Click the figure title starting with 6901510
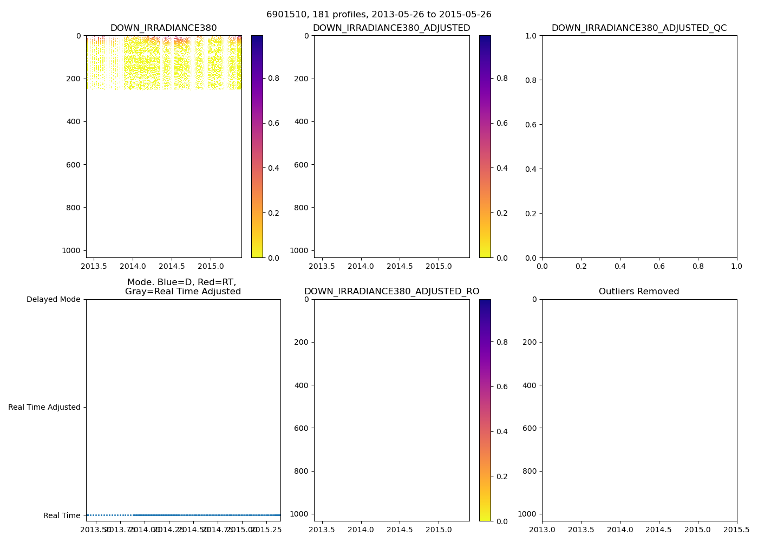point(378,15)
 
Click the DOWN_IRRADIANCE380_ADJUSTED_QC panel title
point(639,28)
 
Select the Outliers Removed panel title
point(639,292)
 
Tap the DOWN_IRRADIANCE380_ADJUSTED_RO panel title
point(391,292)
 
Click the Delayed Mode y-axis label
point(53,299)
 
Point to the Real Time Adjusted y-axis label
point(44,407)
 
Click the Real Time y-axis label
point(62,515)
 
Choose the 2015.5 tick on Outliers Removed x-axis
point(736,530)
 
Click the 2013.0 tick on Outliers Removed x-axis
point(542,530)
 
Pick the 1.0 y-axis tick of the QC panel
point(531,36)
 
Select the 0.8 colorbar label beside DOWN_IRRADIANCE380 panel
point(274,79)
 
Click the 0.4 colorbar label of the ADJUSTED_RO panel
point(502,431)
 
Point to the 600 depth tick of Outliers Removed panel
point(530,428)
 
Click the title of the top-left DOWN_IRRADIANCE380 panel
point(164,28)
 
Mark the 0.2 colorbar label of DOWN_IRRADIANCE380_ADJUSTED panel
point(502,213)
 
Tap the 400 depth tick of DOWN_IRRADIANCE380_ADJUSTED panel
point(302,121)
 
